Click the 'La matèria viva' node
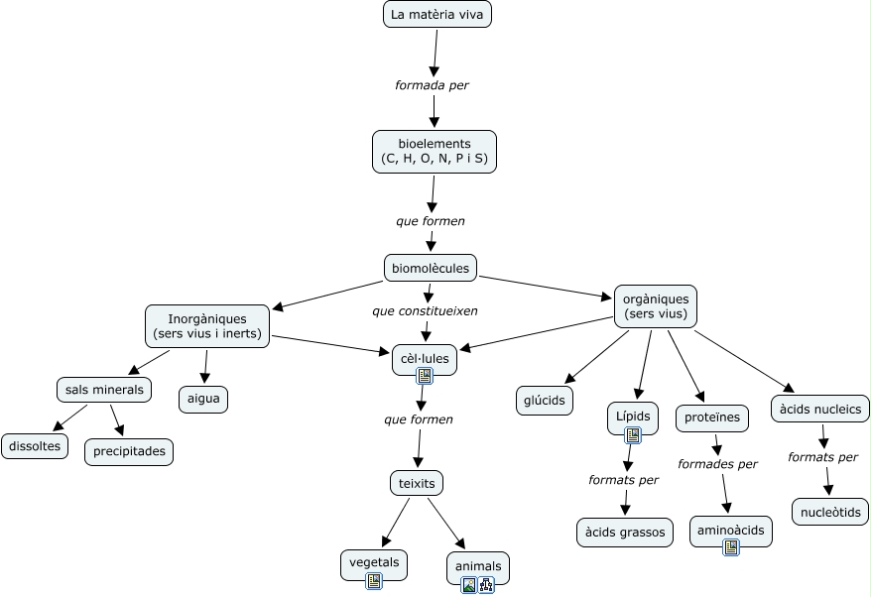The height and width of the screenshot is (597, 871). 436,14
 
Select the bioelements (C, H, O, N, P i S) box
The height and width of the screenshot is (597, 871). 434,151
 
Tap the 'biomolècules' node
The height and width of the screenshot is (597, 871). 431,268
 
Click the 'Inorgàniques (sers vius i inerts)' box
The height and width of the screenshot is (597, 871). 207,326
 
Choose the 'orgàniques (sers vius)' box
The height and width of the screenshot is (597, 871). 656,306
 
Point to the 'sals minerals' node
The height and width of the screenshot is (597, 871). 104,390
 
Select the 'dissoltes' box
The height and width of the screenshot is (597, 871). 35,446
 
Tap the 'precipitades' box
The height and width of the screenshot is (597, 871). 128,452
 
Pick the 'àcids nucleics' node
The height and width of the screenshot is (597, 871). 820,409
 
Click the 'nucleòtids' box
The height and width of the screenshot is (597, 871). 829,512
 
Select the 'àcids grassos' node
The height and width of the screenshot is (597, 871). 624,533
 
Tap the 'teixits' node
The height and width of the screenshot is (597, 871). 417,483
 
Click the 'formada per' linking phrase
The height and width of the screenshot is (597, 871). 432,85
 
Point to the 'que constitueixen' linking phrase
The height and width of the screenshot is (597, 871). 425,311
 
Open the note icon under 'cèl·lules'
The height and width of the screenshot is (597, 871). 425,375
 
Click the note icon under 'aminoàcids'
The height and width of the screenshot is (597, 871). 731,546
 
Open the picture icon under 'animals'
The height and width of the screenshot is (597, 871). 469,585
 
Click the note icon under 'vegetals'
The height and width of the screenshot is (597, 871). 374,580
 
